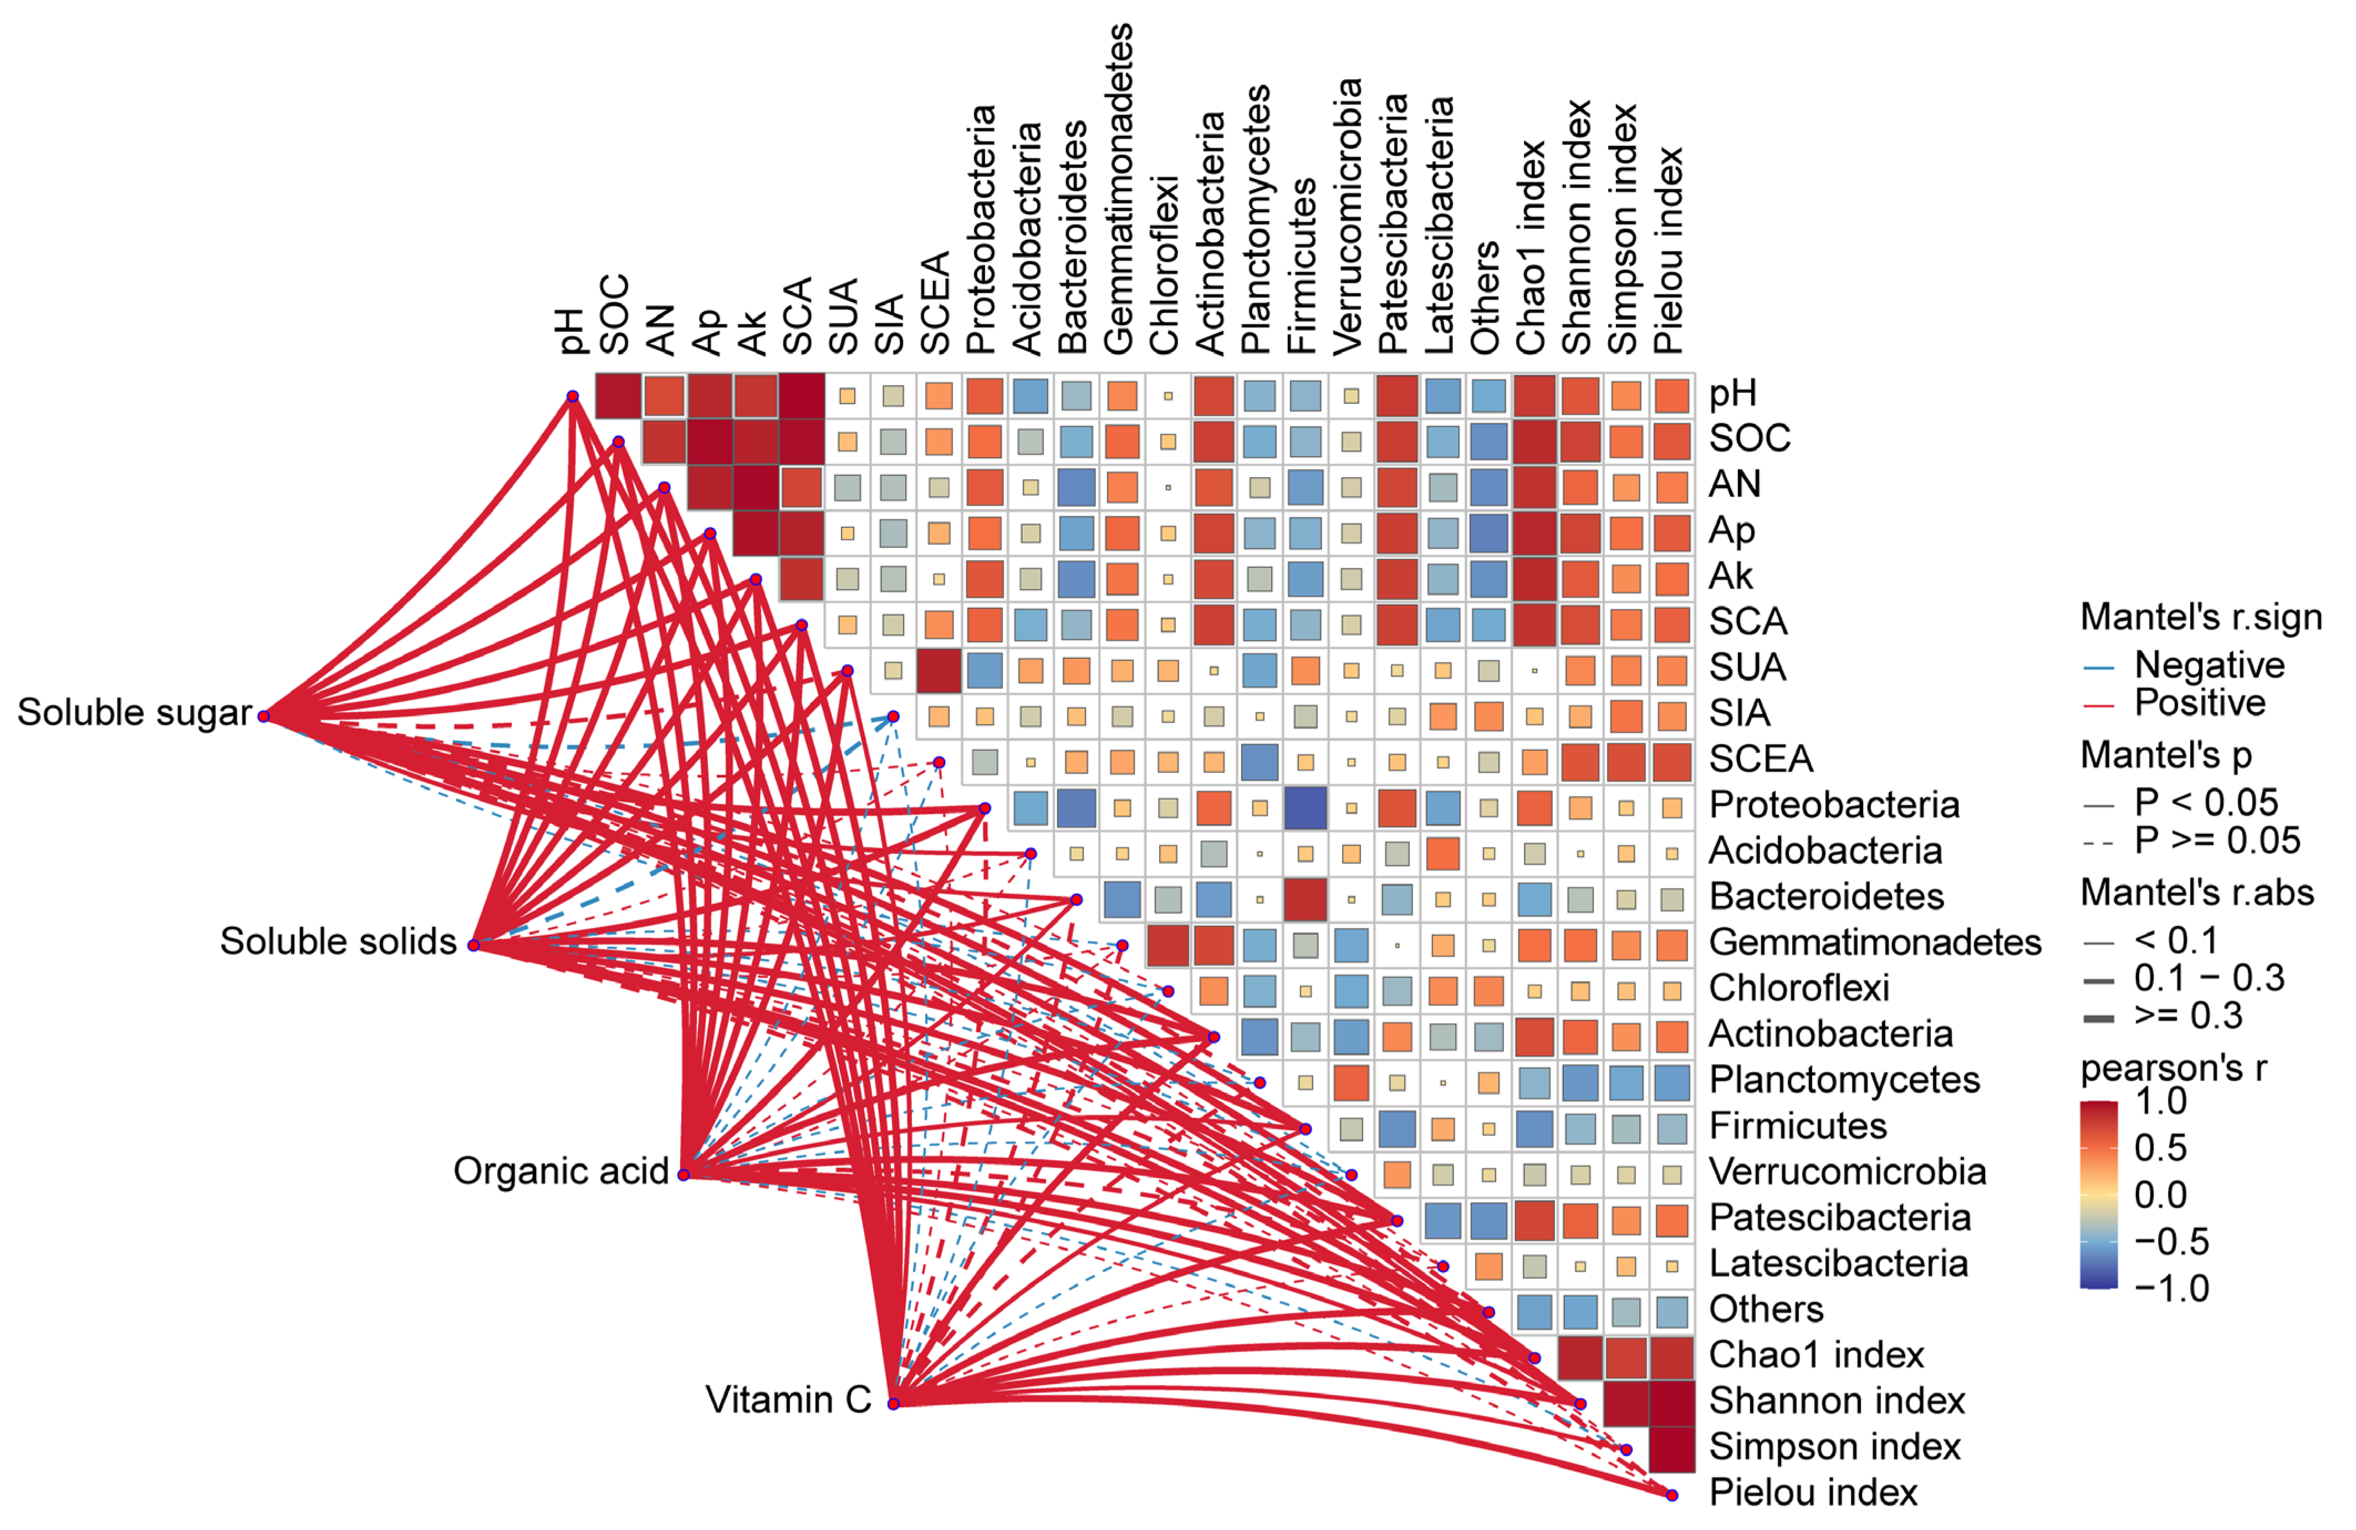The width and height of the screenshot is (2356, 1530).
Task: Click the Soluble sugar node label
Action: (x=135, y=713)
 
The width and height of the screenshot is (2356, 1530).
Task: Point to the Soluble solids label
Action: (x=339, y=941)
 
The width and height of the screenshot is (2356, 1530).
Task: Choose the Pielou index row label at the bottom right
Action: (x=1813, y=1492)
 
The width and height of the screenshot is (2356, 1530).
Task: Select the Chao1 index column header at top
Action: (x=1531, y=247)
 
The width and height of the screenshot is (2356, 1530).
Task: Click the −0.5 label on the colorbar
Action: (x=2171, y=1241)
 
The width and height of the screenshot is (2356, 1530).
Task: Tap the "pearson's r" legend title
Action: (x=2174, y=1068)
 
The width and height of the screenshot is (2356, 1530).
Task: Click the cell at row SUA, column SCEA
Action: (x=939, y=671)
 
